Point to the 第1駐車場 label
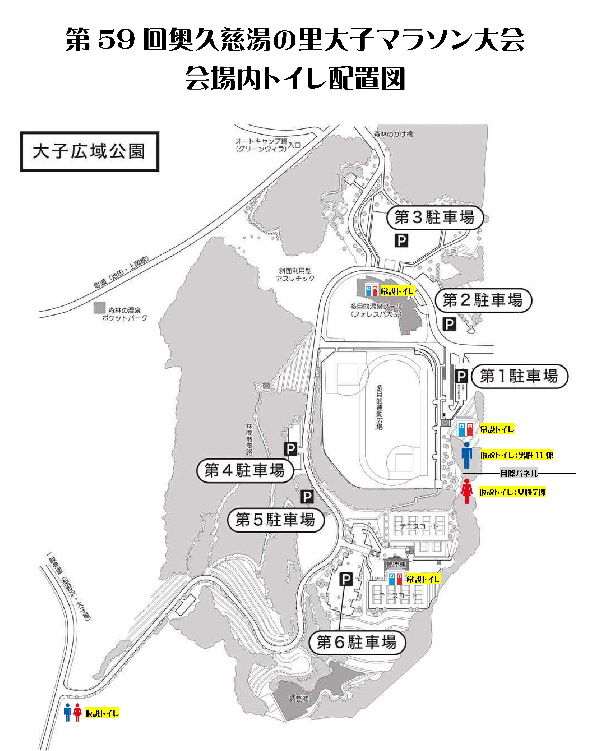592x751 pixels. (x=519, y=376)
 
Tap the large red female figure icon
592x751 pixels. (x=467, y=491)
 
